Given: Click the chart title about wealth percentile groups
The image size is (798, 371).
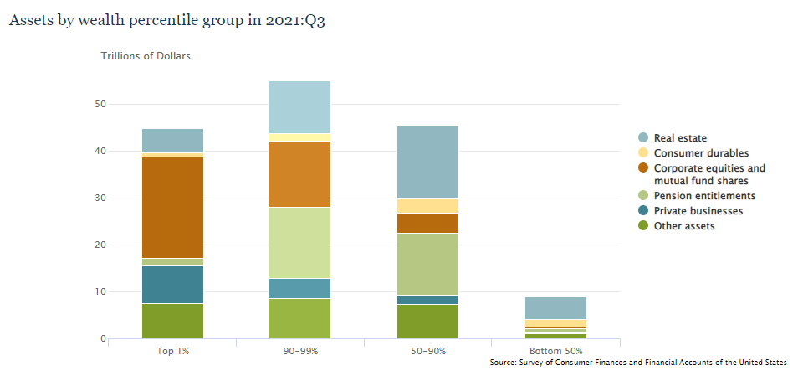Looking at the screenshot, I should (x=166, y=21).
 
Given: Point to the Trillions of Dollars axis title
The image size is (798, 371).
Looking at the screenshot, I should (x=146, y=57).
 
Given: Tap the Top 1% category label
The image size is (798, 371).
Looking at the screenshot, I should (x=171, y=350).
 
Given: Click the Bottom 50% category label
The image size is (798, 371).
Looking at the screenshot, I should (x=555, y=350).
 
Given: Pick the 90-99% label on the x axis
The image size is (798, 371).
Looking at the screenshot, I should (x=299, y=350).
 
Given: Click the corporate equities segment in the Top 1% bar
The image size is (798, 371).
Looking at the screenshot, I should (x=172, y=207).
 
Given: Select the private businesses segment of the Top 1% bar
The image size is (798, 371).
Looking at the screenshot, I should (x=172, y=285).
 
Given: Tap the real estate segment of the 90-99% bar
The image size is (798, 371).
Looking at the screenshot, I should (x=299, y=106).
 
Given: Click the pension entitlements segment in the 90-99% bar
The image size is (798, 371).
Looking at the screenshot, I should (x=299, y=242).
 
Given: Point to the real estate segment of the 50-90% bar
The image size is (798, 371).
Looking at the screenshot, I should (x=427, y=162).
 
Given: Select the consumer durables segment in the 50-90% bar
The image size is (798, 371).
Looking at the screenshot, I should (x=427, y=206).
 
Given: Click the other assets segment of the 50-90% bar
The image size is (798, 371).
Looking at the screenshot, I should (x=427, y=322).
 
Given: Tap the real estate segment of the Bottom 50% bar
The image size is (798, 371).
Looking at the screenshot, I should (x=555, y=307).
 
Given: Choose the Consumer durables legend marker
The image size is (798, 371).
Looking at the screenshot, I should (x=642, y=153).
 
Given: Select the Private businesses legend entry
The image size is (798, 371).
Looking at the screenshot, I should (x=698, y=211).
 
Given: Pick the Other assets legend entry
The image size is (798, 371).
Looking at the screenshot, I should (x=684, y=226).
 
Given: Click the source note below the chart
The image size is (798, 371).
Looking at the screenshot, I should (x=638, y=362).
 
